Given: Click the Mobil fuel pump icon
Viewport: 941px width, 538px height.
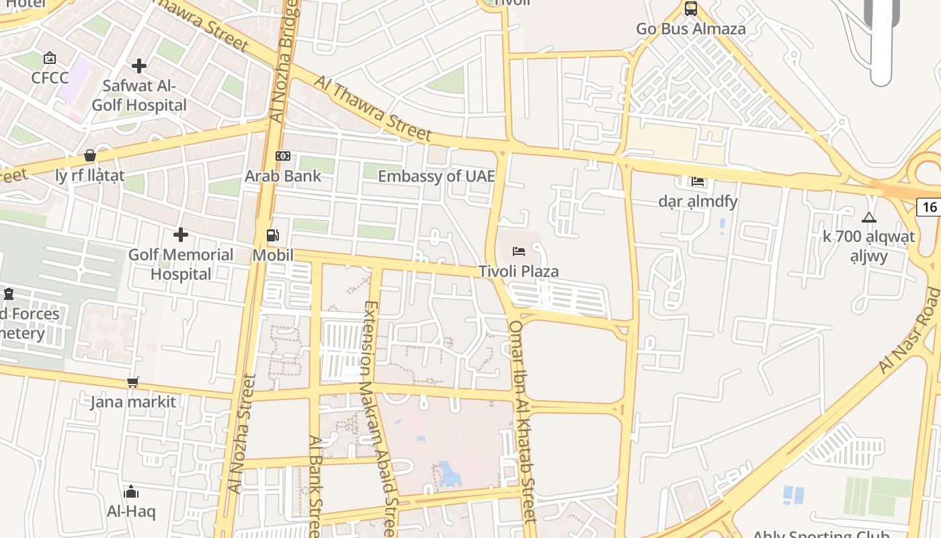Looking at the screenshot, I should [273, 235].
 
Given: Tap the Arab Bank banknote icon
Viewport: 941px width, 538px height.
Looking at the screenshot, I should [283, 156].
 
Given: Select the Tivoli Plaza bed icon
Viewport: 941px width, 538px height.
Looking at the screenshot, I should [519, 252].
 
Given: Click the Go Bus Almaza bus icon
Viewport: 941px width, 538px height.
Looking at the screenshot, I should [690, 9].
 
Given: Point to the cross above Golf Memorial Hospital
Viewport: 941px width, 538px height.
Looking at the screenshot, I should [181, 235].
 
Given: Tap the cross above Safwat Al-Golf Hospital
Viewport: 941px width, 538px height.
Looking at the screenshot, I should [139, 66].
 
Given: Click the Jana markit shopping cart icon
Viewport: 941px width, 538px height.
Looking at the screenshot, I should [133, 382].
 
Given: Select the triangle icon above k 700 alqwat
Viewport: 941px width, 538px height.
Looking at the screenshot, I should [869, 217].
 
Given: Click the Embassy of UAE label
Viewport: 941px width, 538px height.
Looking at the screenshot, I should [436, 176].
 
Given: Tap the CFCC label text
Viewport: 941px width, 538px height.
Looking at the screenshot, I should [50, 77].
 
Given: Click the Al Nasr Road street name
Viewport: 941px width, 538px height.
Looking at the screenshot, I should [911, 330].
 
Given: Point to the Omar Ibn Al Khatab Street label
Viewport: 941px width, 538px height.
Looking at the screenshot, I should [523, 421].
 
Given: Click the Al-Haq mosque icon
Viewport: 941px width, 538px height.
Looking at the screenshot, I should [131, 492].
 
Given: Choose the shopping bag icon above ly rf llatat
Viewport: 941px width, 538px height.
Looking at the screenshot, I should [90, 156].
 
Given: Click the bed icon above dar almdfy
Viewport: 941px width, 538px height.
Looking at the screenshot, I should [697, 181].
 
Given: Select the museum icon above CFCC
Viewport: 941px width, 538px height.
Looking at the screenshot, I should [49, 59].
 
